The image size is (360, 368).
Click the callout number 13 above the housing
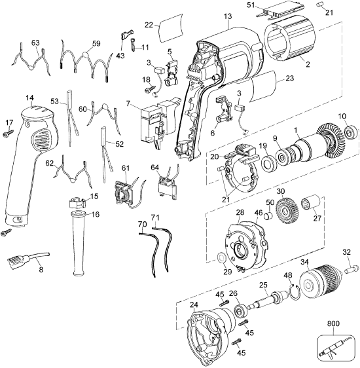click(x=227, y=16)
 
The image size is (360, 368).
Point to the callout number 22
click(x=149, y=24)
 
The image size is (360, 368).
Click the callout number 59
click(x=96, y=44)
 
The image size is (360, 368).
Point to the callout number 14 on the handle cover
click(x=30, y=98)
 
